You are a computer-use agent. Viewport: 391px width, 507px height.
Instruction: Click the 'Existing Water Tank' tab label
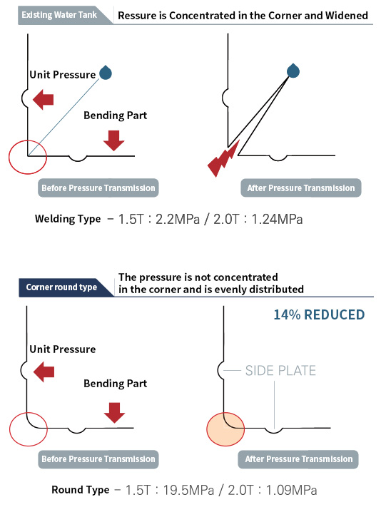tap(59, 15)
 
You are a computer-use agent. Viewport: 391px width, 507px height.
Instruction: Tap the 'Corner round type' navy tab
tap(61, 287)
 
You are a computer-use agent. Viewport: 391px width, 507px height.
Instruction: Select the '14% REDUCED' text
tap(319, 314)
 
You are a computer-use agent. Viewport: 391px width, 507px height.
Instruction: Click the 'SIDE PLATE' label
tap(280, 371)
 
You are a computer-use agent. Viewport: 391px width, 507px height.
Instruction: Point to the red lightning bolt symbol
tap(223, 158)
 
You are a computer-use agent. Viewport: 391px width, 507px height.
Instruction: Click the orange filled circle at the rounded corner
tap(225, 429)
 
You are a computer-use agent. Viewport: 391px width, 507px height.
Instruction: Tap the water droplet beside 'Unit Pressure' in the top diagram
tap(106, 73)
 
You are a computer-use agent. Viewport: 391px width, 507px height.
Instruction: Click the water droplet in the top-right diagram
tap(293, 71)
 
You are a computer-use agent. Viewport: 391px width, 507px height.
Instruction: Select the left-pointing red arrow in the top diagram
tap(43, 99)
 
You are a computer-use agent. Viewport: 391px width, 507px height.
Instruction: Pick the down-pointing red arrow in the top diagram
tap(114, 140)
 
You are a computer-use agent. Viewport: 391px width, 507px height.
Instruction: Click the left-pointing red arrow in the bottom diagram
tap(44, 372)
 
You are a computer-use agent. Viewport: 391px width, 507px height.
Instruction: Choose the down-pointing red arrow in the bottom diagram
tap(114, 413)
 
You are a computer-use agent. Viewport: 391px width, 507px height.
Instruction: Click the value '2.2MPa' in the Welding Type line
tap(178, 219)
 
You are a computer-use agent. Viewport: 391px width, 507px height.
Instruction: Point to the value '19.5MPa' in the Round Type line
tap(188, 490)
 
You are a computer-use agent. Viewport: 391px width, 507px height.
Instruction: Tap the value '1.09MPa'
tap(291, 490)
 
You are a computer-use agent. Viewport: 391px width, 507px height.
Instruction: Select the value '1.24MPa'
tap(277, 219)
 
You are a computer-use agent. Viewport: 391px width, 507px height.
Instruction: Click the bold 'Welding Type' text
tap(68, 219)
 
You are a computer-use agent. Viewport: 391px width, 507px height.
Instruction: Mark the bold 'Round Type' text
tap(80, 490)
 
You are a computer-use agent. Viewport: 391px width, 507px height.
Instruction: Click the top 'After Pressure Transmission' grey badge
tap(301, 188)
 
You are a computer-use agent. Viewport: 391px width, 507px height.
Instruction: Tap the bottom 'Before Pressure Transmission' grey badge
tap(98, 459)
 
